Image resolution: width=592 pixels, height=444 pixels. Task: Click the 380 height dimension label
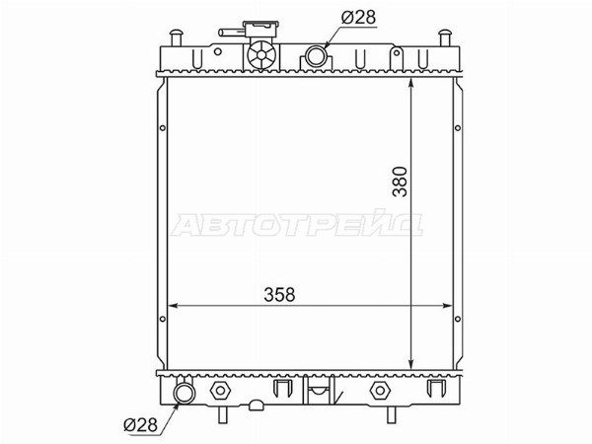(x=400, y=182)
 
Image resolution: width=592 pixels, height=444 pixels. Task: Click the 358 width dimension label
(x=279, y=294)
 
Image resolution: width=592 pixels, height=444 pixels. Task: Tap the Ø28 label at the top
(x=359, y=18)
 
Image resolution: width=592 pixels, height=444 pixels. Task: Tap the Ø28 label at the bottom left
(x=140, y=425)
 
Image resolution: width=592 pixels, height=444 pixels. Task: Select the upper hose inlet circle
(x=316, y=56)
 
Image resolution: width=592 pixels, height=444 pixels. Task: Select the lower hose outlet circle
(x=184, y=393)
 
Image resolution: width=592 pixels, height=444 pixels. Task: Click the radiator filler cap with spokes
(x=261, y=55)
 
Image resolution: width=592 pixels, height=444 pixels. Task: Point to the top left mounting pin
(x=176, y=37)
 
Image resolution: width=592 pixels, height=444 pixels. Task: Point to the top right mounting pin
(x=446, y=37)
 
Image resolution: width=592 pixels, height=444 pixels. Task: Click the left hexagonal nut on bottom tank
(x=220, y=391)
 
